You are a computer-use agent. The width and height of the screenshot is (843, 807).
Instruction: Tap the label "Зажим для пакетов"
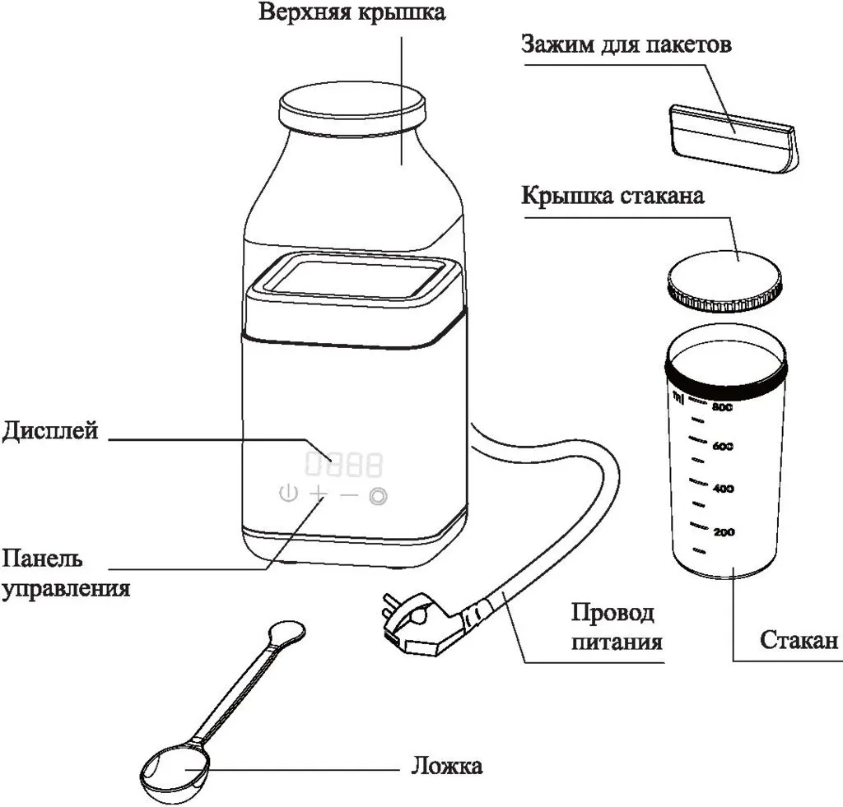[x=626, y=44]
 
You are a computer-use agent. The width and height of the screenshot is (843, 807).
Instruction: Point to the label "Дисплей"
[x=50, y=430]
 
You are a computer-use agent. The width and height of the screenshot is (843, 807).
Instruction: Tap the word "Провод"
[x=612, y=613]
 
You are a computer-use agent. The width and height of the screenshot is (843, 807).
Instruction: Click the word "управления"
[x=65, y=589]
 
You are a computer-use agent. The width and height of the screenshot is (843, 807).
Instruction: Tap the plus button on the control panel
[x=318, y=494]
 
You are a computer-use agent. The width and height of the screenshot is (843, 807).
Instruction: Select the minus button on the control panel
[x=349, y=495]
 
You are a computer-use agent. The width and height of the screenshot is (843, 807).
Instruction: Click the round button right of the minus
[x=379, y=495]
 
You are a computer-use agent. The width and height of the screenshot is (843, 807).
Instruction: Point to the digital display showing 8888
[x=344, y=465]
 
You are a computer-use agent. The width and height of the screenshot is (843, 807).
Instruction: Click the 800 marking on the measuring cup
[x=722, y=406]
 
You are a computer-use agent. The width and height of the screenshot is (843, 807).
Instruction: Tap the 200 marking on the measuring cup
[x=723, y=533]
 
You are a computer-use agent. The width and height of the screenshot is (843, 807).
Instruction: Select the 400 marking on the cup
[x=723, y=489]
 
